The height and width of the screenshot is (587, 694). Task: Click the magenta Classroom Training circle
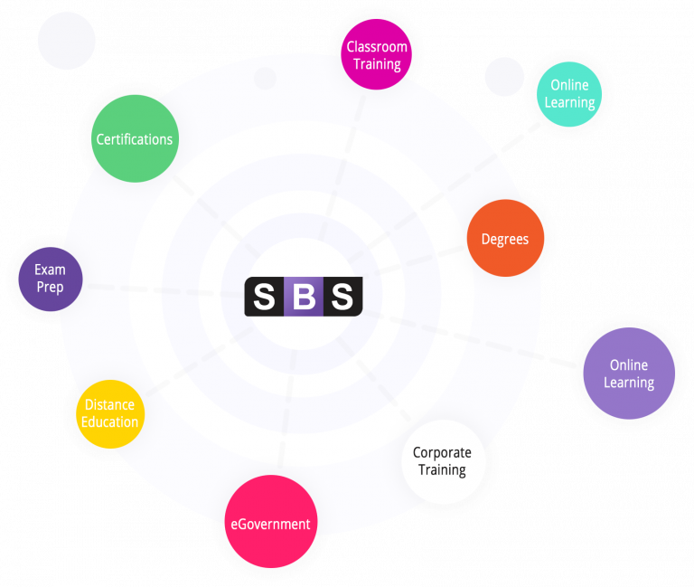(x=377, y=55)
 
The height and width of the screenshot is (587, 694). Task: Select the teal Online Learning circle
(x=569, y=93)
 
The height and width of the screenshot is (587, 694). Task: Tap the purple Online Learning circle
(x=629, y=374)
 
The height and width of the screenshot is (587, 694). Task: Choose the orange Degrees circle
(x=505, y=239)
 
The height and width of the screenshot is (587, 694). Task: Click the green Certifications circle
(x=135, y=139)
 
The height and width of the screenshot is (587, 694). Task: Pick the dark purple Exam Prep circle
(x=51, y=279)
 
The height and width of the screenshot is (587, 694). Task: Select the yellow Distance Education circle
(x=110, y=413)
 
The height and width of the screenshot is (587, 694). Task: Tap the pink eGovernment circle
(x=270, y=523)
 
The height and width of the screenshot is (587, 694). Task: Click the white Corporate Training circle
(x=443, y=461)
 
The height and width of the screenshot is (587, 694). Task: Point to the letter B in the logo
(x=303, y=297)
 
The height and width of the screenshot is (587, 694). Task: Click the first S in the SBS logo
(x=264, y=297)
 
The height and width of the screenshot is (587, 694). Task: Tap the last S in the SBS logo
(x=342, y=297)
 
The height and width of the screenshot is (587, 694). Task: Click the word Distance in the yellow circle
(x=110, y=405)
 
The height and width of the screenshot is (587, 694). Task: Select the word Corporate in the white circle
(x=443, y=453)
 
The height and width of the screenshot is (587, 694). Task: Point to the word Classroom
(x=377, y=47)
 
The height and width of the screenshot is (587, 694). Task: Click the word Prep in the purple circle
(x=50, y=288)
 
